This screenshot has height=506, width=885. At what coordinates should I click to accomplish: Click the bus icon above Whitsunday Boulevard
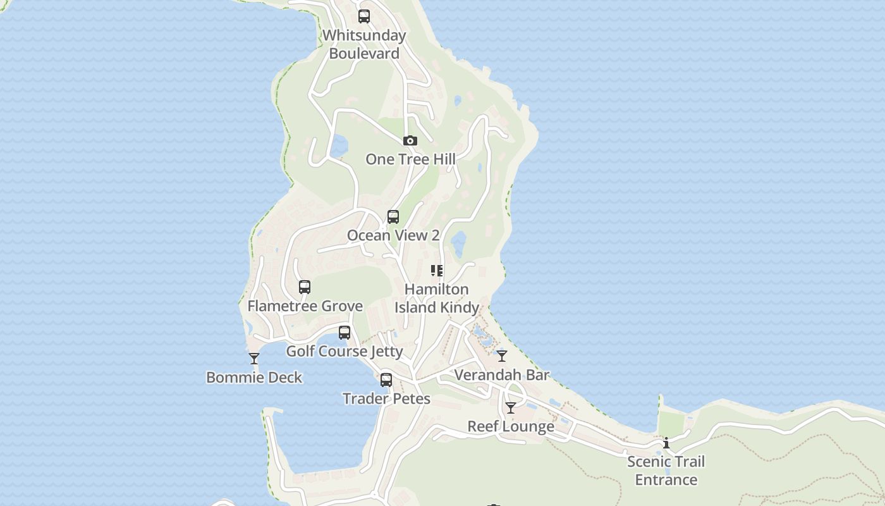point(364,16)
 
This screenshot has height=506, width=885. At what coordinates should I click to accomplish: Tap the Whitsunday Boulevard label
point(364,44)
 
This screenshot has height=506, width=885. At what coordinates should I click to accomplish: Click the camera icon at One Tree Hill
point(410,140)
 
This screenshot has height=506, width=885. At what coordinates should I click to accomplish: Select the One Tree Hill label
point(410,159)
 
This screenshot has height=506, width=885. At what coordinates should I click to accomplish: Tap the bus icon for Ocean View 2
point(393,217)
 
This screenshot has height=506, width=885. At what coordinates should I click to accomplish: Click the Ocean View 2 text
point(393,235)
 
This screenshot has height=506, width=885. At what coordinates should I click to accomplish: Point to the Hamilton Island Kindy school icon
point(436,271)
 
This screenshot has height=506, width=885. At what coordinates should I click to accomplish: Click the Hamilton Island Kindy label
point(437,299)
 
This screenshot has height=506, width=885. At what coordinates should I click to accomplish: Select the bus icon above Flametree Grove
point(305,287)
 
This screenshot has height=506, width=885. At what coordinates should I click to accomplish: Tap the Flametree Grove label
point(305,306)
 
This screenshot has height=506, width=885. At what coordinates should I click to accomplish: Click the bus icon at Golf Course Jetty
point(345,333)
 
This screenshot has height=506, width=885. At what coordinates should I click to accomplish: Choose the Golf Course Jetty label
point(345,351)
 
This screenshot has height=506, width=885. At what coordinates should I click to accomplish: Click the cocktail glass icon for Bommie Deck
point(254,359)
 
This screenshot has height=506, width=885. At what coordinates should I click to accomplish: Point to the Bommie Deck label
point(254,378)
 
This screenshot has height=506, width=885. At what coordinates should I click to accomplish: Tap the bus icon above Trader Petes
point(386,380)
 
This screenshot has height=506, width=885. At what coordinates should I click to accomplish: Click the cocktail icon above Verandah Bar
point(502,356)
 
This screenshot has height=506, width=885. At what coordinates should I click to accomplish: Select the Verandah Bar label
point(502,375)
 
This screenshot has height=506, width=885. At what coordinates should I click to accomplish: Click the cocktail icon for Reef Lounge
point(511,408)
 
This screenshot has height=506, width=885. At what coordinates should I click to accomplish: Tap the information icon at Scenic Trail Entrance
point(666,443)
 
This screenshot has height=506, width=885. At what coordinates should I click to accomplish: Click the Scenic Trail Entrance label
point(666,471)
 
